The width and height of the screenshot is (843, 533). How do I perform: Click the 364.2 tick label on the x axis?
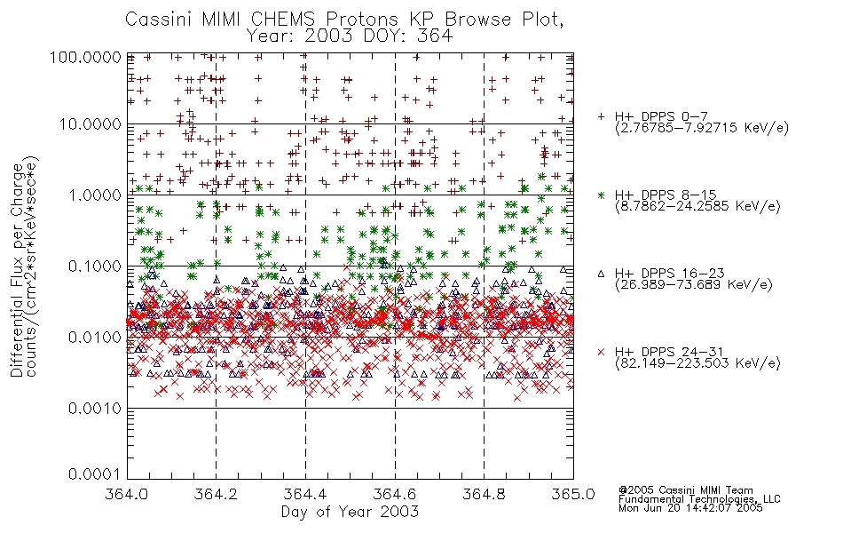[216, 494]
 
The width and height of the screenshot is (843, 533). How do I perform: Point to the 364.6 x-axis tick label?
[395, 494]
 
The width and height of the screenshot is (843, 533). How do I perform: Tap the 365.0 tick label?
[573, 494]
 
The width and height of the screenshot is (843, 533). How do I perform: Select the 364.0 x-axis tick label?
[126, 494]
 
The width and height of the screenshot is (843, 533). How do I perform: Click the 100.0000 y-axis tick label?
[86, 57]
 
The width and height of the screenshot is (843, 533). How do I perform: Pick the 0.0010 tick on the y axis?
[95, 409]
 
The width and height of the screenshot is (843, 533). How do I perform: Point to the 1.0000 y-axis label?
[95, 195]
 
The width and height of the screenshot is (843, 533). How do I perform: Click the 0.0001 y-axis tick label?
[95, 474]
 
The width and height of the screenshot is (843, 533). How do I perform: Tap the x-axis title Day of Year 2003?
[350, 512]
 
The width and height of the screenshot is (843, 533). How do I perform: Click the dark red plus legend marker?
[601, 116]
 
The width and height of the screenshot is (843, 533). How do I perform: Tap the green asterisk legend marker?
[601, 195]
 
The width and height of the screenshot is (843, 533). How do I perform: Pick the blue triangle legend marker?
[601, 274]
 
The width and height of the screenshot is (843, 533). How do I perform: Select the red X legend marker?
[601, 352]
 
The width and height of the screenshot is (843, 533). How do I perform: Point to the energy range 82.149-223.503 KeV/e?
[697, 362]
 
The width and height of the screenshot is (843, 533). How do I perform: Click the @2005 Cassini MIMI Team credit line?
[686, 490]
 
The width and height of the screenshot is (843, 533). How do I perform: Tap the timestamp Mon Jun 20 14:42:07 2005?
[690, 508]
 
